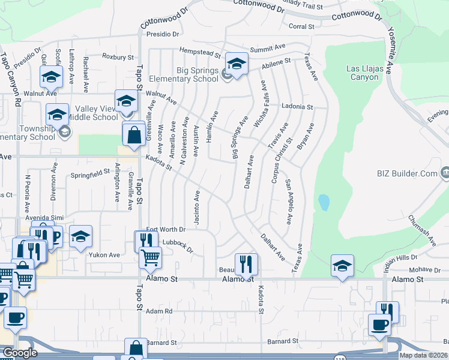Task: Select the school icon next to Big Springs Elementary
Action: [x=237, y=64]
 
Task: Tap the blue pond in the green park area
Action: [x=324, y=202]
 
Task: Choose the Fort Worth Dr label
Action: [x=166, y=229]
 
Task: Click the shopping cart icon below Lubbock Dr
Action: [x=150, y=257]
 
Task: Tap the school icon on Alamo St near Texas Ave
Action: [x=342, y=265]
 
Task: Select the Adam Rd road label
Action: [x=159, y=311]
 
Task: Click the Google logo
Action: [x=19, y=353]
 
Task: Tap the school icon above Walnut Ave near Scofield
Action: [x=51, y=77]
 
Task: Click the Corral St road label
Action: [x=301, y=26]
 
